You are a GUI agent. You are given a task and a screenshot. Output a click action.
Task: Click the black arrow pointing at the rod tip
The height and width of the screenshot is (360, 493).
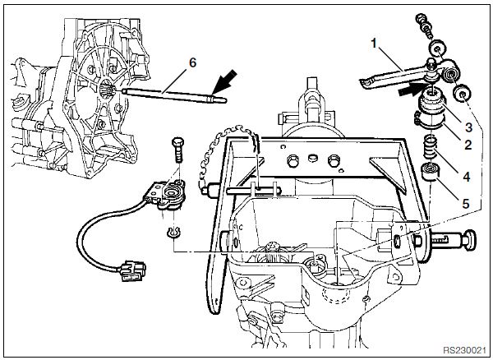point(224,83)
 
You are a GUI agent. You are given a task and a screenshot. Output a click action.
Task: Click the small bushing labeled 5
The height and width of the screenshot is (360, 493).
point(428,174)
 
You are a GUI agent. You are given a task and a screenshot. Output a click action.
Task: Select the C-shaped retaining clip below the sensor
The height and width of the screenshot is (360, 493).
point(171,234)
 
